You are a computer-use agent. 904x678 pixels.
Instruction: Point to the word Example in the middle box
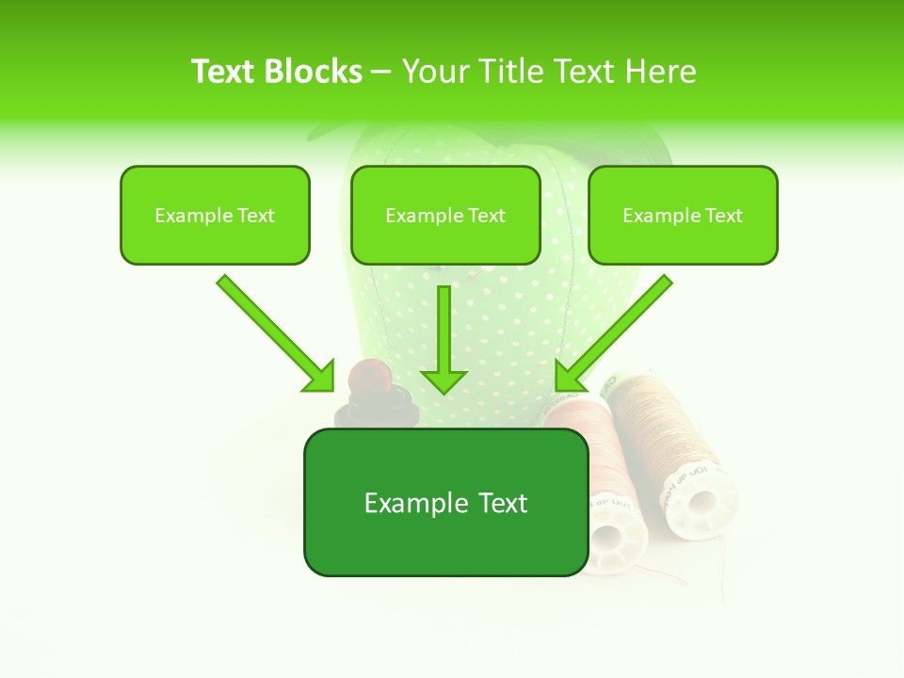425,216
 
